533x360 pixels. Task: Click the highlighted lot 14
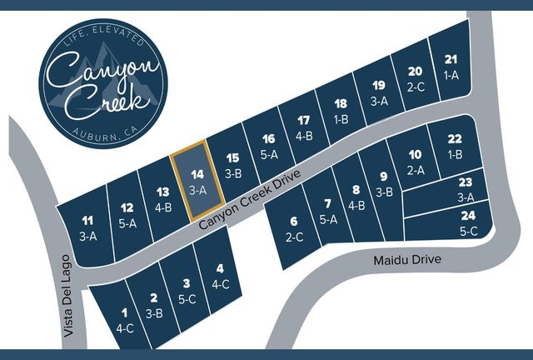tap(196, 181)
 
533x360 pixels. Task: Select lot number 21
tap(451, 66)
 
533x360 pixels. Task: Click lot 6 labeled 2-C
tap(293, 228)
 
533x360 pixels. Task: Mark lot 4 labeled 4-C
tap(220, 274)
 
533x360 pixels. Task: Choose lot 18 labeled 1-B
tap(340, 111)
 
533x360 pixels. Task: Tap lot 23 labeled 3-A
tap(466, 189)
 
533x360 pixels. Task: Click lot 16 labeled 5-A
tap(268, 146)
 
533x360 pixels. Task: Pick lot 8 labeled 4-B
tap(356, 197)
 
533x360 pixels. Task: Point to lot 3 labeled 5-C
tap(187, 291)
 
